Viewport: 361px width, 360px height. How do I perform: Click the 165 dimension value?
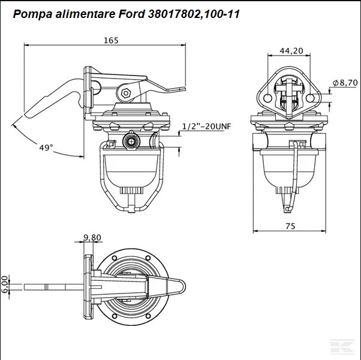111,41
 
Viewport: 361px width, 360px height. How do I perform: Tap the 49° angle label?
46,148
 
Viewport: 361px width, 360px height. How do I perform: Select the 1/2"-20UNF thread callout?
206,126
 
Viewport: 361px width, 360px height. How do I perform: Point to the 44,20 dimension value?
291,51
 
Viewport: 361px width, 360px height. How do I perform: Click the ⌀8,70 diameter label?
345,83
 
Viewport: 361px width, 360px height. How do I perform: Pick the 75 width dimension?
290,226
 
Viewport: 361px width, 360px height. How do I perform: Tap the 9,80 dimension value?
92,237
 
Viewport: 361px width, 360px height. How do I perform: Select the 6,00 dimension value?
5,285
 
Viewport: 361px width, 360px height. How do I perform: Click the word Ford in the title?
132,14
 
